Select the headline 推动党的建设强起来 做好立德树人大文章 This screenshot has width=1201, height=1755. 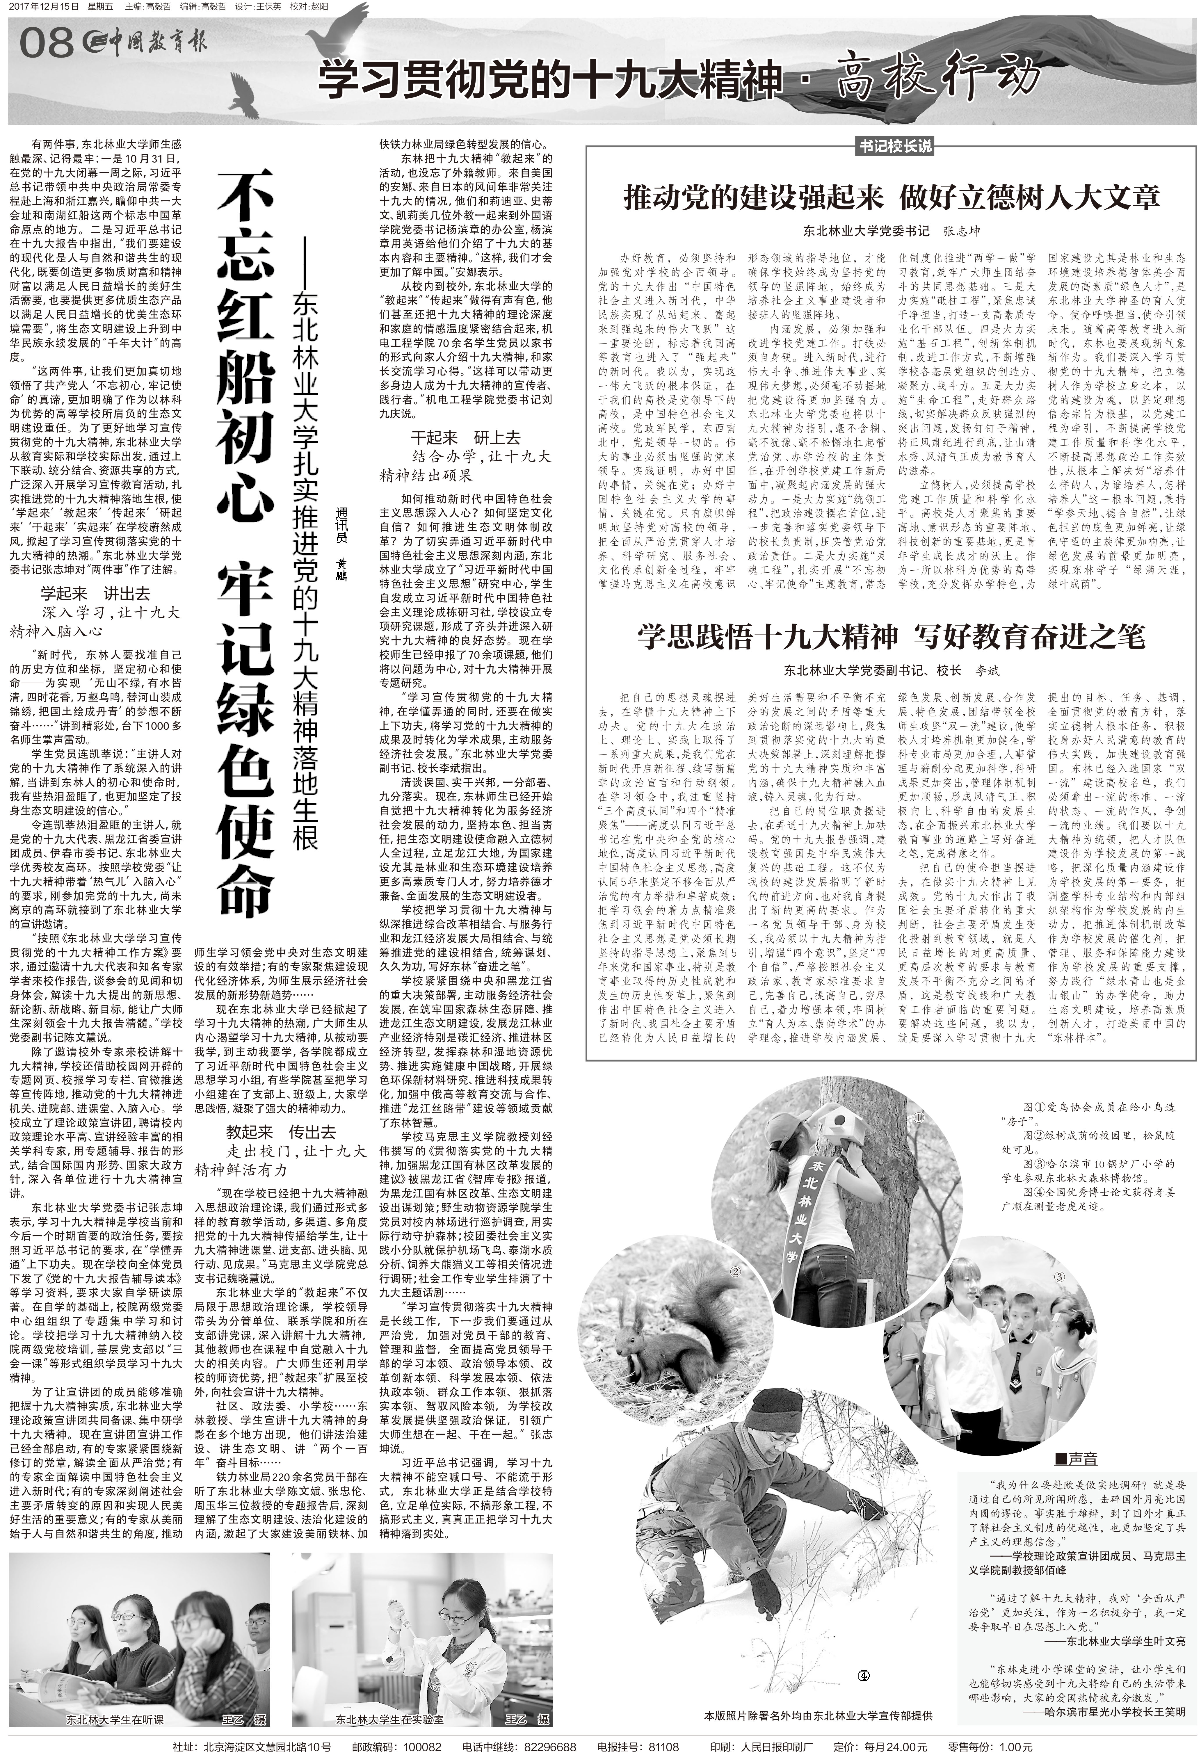pyautogui.click(x=891, y=198)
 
